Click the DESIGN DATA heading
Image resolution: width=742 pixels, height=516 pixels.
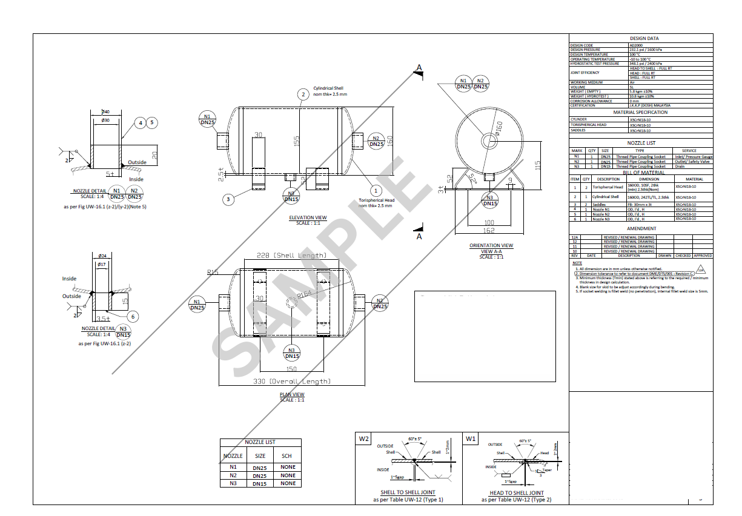pyautogui.click(x=640, y=38)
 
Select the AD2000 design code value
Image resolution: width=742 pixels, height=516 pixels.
pyautogui.click(x=637, y=45)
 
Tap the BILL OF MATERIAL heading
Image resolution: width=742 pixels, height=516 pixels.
pyautogui.click(x=640, y=173)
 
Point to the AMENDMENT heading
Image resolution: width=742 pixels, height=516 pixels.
pyautogui.click(x=641, y=228)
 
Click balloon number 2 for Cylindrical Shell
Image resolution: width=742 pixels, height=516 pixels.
pyautogui.click(x=302, y=94)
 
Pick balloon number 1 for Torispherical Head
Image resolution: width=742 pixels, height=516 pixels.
pyautogui.click(x=375, y=191)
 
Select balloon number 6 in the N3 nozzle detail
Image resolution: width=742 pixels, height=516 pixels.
pyautogui.click(x=133, y=316)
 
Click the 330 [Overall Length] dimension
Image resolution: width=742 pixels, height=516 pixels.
pyautogui.click(x=292, y=381)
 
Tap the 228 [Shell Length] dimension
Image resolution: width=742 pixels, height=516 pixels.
pyautogui.click(x=291, y=255)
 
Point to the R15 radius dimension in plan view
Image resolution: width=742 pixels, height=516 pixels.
pyautogui.click(x=212, y=273)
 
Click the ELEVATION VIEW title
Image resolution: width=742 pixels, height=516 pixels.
pyautogui.click(x=308, y=217)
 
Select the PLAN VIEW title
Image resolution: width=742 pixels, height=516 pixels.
pyautogui.click(x=291, y=394)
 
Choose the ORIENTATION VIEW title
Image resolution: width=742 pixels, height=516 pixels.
pyautogui.click(x=491, y=245)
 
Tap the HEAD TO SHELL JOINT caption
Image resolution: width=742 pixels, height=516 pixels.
pyautogui.click(x=516, y=493)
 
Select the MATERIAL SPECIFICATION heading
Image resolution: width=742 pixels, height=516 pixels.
pyautogui.click(x=640, y=112)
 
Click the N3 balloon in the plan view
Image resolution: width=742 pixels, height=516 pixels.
pyautogui.click(x=291, y=353)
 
